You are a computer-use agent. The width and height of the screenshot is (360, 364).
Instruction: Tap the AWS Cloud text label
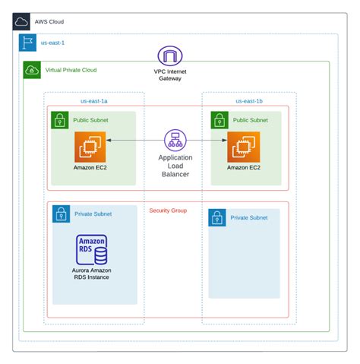49,21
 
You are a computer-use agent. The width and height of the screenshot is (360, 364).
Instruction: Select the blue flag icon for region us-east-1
27,44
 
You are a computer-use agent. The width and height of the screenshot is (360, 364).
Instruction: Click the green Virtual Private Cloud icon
33,70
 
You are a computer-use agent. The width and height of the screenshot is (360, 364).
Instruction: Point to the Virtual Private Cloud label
71,70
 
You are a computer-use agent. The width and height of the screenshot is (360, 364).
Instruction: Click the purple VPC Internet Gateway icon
170,55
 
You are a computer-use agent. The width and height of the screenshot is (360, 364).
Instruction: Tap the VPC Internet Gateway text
170,74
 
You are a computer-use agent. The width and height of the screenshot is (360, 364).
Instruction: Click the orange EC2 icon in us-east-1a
89,147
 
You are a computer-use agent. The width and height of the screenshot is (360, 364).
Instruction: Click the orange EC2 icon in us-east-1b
242,147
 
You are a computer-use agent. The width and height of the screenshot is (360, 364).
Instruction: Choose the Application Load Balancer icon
175,140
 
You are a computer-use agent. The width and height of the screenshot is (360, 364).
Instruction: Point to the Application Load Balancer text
175,166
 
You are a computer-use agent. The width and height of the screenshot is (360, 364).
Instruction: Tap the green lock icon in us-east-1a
60,120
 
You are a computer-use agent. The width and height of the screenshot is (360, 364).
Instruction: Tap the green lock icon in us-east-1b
219,120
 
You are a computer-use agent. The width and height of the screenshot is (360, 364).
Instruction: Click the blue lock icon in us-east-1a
61,214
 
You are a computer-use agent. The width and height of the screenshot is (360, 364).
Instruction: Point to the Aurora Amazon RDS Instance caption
91,274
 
